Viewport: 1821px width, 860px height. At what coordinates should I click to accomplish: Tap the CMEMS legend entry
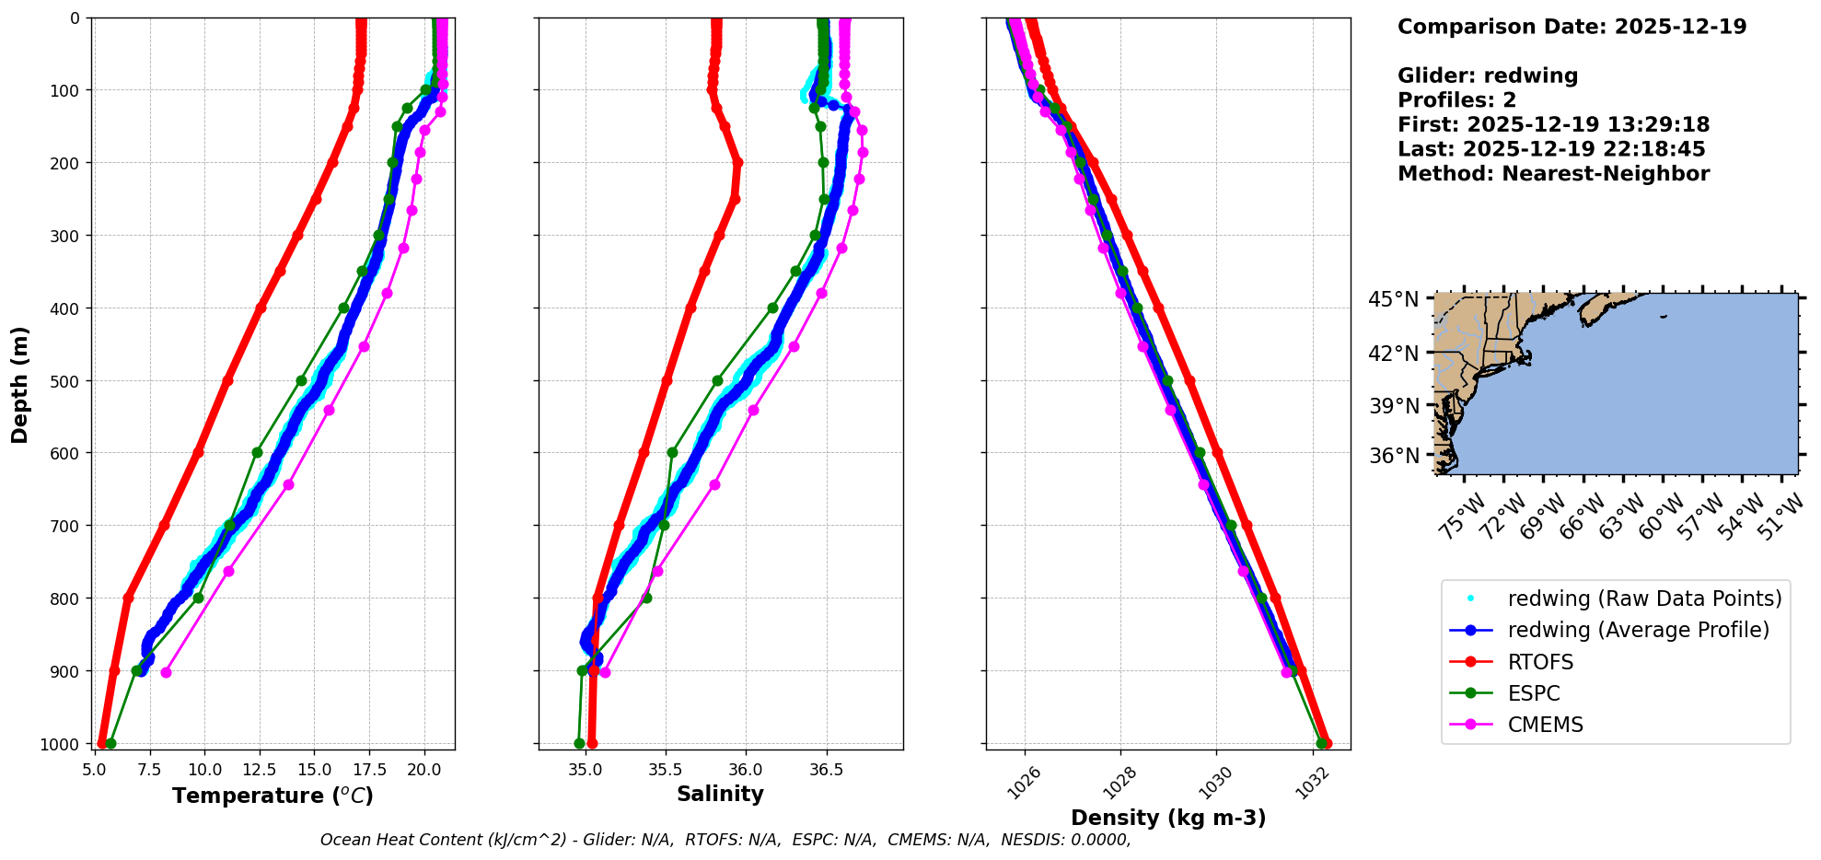[1545, 725]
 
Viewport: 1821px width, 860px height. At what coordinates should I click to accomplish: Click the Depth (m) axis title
[20, 384]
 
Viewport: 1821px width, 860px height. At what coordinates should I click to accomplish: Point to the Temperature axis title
[273, 796]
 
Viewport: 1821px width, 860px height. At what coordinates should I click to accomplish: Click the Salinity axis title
[720, 794]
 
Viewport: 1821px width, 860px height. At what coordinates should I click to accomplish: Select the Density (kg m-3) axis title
[1168, 818]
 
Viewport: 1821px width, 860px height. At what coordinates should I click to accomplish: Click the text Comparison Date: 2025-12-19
[1572, 27]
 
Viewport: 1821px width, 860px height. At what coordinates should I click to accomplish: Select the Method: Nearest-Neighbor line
[1553, 173]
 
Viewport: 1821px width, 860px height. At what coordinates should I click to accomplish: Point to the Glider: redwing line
[1488, 76]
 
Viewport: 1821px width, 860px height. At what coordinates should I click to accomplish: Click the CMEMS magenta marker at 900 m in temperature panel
[166, 672]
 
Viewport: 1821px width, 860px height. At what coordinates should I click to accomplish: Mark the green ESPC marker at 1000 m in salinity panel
[579, 743]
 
